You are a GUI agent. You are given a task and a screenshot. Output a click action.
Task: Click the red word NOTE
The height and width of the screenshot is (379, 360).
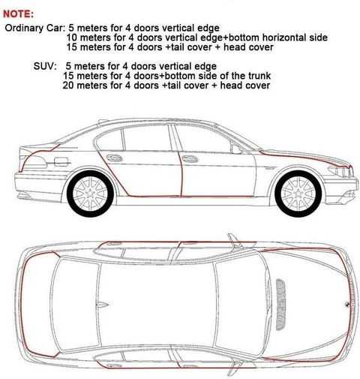(18, 14)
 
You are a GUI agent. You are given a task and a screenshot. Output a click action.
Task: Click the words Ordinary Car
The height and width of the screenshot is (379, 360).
(34, 28)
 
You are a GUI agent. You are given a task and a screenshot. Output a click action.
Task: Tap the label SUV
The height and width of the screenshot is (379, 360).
(45, 66)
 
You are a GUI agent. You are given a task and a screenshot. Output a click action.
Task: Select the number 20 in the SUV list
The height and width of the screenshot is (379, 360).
(68, 86)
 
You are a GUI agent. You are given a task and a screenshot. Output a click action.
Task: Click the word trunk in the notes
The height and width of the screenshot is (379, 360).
(259, 76)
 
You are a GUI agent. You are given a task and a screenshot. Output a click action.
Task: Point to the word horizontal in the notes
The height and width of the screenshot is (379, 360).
(283, 38)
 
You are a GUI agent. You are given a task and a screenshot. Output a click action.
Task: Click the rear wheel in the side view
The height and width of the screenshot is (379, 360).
(91, 194)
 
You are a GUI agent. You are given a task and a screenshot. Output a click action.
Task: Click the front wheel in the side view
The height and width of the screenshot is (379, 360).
(298, 194)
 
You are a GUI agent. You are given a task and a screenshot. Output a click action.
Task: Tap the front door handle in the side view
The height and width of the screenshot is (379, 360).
(190, 158)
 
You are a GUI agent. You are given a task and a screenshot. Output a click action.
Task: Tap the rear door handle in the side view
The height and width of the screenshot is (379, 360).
(115, 158)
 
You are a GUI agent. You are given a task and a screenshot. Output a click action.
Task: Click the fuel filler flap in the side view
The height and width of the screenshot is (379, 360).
(61, 161)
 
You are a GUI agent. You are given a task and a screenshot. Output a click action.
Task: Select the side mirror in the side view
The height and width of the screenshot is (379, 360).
(236, 149)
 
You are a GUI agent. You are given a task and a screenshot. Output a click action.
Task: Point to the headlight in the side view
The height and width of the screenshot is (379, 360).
(340, 172)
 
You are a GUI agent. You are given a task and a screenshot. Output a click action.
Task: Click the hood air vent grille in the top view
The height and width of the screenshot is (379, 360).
(281, 305)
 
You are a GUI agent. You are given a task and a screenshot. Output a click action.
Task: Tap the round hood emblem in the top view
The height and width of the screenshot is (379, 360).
(348, 304)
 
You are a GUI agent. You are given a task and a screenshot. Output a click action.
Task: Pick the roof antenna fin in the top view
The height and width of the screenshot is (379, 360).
(103, 305)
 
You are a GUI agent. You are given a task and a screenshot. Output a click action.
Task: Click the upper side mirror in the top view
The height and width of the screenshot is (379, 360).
(234, 241)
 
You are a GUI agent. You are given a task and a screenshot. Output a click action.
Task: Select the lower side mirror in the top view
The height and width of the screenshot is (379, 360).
(235, 367)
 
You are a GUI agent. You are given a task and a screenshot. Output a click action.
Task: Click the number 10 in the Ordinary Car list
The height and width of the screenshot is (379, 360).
(71, 38)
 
